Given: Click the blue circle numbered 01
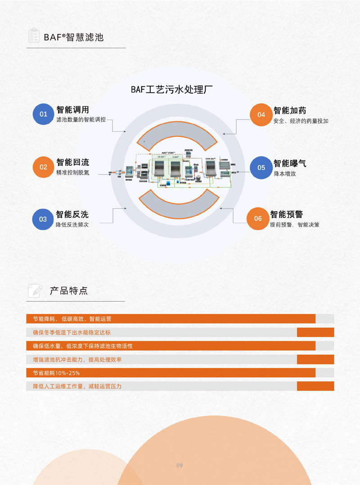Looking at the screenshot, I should pos(43,114).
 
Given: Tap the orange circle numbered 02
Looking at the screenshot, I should pos(43,167).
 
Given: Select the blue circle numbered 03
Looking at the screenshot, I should pos(43,219).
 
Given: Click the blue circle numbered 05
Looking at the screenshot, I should pos(261,168).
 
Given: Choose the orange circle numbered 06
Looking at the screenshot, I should pos(258,219).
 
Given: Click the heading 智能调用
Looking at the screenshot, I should pos(72,110).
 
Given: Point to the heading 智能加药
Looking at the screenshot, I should pos(290,110).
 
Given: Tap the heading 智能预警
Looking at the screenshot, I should pos(286,215).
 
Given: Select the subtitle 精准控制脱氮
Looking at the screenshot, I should pos(72,172).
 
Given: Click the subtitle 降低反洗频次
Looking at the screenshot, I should pos(72,225).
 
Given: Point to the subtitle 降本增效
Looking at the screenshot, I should pos(285,174).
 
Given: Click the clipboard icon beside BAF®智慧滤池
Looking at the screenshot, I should pos(33,36).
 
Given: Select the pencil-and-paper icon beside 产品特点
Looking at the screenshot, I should pos(35,290).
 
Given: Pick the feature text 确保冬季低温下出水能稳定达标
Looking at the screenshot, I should pos(72,333).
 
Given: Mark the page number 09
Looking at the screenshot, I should pos(180,465).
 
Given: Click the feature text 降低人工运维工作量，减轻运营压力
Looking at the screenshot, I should pos(77,386).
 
